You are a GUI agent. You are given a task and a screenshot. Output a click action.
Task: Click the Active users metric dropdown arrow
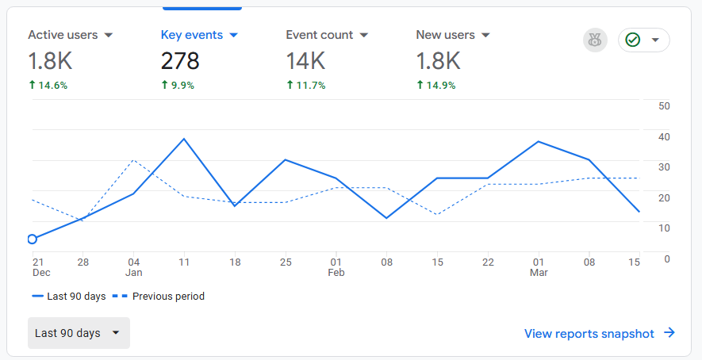109,36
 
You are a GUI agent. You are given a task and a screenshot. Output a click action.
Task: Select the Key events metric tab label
192,35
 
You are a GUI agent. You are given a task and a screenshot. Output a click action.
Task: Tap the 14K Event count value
306,60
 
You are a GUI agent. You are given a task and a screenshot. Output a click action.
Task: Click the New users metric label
445,35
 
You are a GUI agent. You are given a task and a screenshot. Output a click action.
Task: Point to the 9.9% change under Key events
178,85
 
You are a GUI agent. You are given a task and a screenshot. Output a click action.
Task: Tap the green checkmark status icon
633,40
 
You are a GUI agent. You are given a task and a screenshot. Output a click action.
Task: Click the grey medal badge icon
595,40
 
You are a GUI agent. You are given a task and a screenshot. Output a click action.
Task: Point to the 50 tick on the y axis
665,106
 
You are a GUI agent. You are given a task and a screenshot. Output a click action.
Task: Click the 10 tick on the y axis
665,228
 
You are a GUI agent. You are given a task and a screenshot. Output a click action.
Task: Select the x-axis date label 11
184,262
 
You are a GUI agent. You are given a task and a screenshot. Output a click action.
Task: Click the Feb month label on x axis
336,273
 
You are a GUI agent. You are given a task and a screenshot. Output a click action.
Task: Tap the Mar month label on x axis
539,273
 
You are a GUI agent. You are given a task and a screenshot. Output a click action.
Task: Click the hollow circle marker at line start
33,239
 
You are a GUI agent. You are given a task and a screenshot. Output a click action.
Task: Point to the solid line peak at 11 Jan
184,139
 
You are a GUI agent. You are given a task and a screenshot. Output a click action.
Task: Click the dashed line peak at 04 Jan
134,160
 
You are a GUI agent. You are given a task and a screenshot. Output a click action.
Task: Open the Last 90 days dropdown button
79,333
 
